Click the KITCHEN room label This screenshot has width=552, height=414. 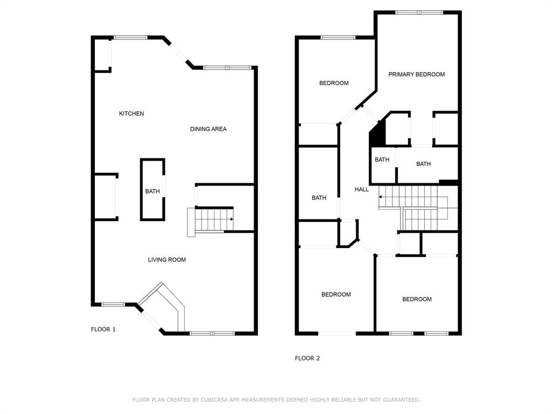tap(132, 114)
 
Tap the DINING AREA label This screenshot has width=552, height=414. tap(208, 129)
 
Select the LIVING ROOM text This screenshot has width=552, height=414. tap(167, 260)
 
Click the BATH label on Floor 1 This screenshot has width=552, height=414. tap(153, 191)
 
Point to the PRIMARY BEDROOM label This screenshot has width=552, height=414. tap(417, 74)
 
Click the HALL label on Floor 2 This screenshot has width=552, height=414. tap(362, 190)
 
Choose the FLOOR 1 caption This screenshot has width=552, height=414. tap(103, 329)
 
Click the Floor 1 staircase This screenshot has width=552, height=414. tap(212, 219)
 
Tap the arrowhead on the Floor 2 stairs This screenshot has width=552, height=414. tap(381, 197)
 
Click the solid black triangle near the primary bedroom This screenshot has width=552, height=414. tap(377, 135)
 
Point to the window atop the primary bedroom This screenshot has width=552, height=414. tap(419, 12)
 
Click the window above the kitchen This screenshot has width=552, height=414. tap(130, 37)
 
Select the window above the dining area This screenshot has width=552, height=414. tap(227, 67)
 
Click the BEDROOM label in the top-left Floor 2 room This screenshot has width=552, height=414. tap(334, 83)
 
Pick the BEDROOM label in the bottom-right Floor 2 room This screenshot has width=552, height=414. tap(417, 299)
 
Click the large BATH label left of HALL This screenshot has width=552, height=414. tap(319, 198)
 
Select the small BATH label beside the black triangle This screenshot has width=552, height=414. tap(382, 160)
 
